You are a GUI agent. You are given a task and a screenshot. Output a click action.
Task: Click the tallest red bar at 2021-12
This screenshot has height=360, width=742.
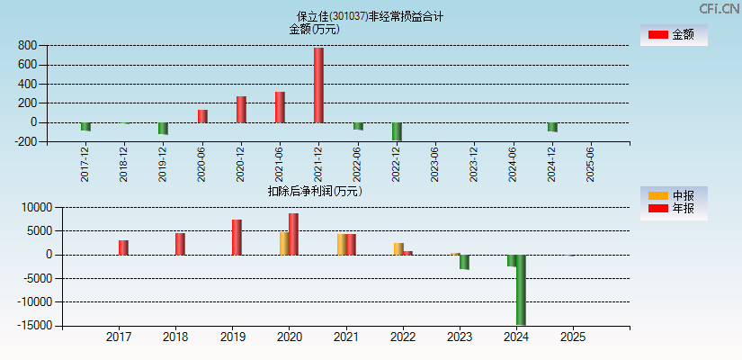click(x=318, y=85)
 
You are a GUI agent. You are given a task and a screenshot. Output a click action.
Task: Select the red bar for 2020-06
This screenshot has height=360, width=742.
click(x=202, y=116)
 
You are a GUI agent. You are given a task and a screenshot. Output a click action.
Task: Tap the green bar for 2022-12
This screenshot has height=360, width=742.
click(x=397, y=131)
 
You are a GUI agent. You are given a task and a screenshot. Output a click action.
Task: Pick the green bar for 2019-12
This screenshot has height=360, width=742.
click(x=163, y=128)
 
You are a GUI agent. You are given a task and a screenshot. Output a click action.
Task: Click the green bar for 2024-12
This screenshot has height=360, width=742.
click(x=552, y=127)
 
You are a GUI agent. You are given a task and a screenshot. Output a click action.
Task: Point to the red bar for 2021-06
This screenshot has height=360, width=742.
click(x=280, y=107)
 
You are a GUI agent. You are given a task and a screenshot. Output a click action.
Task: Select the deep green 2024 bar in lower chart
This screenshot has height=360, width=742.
click(x=520, y=290)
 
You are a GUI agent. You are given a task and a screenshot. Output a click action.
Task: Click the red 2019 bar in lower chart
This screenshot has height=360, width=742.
click(x=237, y=238)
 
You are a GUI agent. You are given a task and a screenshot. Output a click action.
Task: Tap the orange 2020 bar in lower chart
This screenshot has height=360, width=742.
click(x=284, y=243)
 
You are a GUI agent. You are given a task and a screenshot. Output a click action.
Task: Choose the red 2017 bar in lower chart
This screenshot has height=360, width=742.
click(x=123, y=247)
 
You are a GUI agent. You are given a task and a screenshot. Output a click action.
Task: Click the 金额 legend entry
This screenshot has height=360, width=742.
click(x=674, y=34)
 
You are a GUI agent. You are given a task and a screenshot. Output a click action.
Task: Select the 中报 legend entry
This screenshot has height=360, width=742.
click(x=674, y=195)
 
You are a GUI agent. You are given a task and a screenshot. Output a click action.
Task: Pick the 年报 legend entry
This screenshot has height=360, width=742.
click(x=674, y=209)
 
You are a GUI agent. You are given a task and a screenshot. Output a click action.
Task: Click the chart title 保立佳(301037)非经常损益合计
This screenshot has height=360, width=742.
click(x=371, y=16)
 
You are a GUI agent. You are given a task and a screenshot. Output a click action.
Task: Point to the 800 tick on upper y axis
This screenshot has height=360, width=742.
click(x=26, y=46)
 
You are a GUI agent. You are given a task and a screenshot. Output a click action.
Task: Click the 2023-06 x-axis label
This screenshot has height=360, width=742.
click(x=435, y=163)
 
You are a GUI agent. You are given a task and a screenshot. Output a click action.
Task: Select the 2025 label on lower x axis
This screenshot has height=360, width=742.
click(x=573, y=337)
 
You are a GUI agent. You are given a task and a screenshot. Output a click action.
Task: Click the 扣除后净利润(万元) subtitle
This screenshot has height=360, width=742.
click(x=315, y=191)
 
